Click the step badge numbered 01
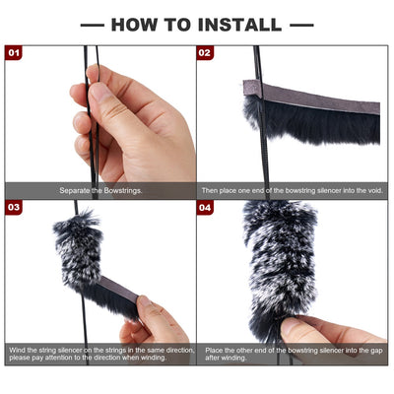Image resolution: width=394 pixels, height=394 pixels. pos(14,53)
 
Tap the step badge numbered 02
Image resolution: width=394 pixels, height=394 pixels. pos(205,53)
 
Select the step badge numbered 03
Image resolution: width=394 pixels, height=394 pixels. pos(14,207)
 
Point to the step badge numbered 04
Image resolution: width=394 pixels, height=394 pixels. pos(205,207)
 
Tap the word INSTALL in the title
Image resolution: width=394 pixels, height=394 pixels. pos(240,25)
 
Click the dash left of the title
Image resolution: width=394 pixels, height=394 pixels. pos(93,25)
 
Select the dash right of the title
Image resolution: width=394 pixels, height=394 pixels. pos(301,25)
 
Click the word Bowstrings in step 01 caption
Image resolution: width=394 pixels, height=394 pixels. pos(123,190)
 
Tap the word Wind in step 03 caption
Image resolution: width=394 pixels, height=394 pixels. pos(16,350)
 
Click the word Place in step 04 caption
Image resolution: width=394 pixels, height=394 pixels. pos(214,351)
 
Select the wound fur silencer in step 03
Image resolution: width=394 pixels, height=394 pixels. pos(78,250)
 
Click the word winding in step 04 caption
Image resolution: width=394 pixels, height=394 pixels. pos(234,358)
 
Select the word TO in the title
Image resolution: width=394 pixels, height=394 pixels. pos(177,25)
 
